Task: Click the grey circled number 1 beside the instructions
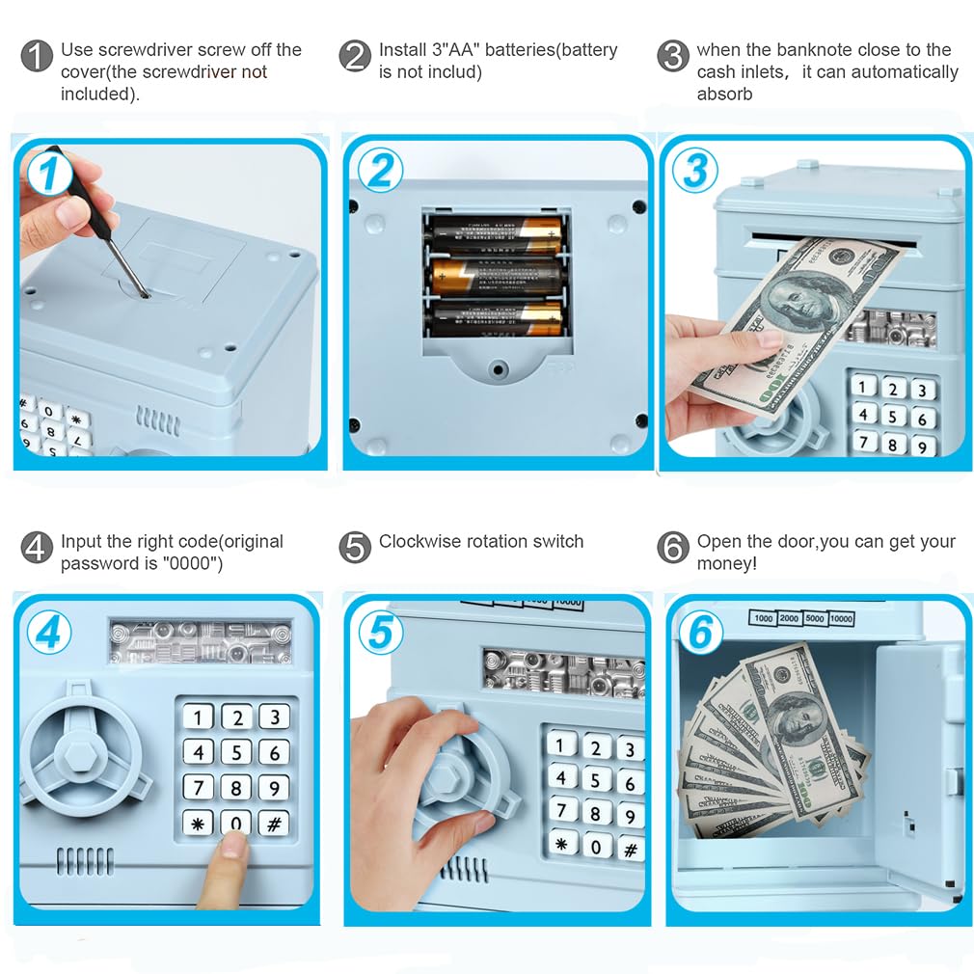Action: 37,56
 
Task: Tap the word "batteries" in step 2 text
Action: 518,50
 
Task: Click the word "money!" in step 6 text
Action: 727,564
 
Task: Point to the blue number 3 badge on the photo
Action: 695,170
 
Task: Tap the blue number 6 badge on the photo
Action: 701,633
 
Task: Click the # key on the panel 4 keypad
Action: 274,824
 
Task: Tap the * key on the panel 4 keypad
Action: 198,824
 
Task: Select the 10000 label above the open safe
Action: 841,619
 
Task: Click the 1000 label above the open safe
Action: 764,618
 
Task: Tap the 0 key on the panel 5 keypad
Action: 596,846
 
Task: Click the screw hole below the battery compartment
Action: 498,369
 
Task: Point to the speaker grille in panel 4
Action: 85,861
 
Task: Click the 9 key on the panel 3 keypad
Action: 922,446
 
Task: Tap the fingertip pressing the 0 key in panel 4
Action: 234,845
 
